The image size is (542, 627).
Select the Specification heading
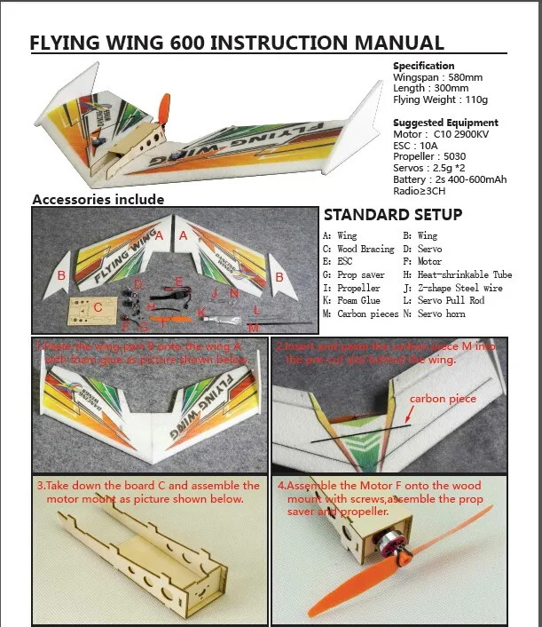[424, 66]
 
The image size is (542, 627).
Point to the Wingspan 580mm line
[437, 77]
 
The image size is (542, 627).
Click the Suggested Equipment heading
[445, 123]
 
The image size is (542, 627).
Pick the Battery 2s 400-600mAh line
[450, 179]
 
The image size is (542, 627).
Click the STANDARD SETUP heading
[392, 215]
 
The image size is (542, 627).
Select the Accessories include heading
[98, 199]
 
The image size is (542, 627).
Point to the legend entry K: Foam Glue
[353, 301]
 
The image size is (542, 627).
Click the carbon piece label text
[443, 399]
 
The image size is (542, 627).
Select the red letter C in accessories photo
[98, 307]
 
